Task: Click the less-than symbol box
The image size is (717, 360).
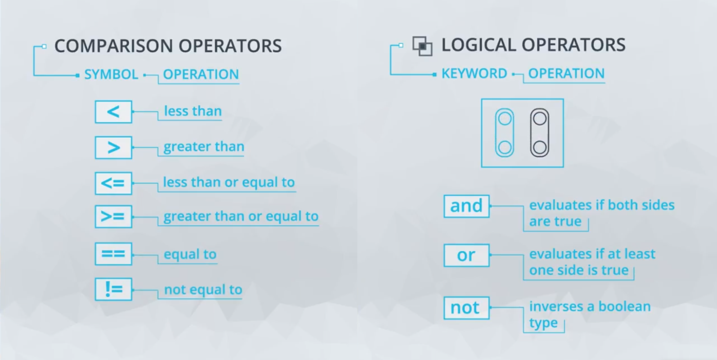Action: [x=114, y=112]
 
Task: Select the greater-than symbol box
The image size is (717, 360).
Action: [x=114, y=148]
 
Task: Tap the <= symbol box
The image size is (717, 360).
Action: [x=114, y=183]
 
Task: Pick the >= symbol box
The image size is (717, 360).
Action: [x=114, y=216]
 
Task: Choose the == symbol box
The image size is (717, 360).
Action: [x=114, y=254]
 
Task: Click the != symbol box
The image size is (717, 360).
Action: [x=114, y=289]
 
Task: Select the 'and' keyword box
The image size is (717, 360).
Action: [x=466, y=206]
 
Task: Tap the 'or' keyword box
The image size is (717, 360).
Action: [x=466, y=255]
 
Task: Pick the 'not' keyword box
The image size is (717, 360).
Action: [x=466, y=308]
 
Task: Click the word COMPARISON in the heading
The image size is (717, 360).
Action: [x=114, y=46]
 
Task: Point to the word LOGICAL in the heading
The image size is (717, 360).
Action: [x=478, y=45]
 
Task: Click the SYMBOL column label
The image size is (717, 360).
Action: [x=111, y=75]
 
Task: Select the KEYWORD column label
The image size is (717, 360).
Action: [x=474, y=74]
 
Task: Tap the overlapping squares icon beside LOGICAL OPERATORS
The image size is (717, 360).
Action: [x=422, y=46]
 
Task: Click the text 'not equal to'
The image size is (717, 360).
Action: [x=203, y=290]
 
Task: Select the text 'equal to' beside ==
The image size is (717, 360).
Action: [x=190, y=254]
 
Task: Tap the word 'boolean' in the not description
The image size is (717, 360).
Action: [x=625, y=306]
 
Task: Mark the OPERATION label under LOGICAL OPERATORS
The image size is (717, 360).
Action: [x=566, y=74]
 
